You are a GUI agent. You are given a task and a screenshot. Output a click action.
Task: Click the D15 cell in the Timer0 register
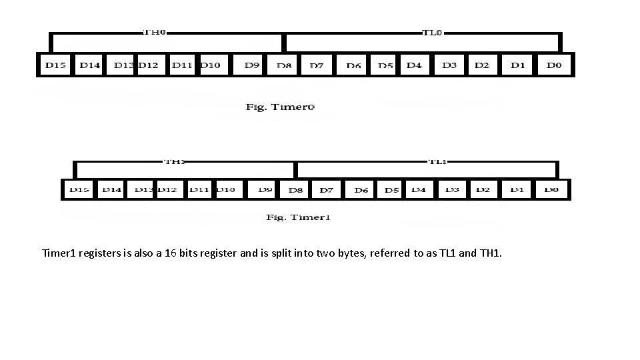(55, 65)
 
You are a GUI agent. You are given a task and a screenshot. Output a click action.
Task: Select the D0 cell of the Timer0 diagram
(554, 65)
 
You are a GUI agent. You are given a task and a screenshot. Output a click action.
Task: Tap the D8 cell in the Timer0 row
(285, 65)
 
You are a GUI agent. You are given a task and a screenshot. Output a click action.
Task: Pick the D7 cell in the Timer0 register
(316, 65)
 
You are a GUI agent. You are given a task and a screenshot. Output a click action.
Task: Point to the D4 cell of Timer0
(414, 65)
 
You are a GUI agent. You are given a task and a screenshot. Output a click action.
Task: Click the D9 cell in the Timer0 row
(252, 65)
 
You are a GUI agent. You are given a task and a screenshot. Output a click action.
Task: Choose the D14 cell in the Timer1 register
(112, 190)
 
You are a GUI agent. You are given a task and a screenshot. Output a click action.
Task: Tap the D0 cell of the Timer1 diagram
(551, 190)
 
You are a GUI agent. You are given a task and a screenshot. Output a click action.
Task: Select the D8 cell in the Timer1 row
(295, 190)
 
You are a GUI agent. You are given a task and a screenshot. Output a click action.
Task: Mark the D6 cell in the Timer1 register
(361, 190)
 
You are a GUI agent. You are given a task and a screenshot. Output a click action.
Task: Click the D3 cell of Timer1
(452, 190)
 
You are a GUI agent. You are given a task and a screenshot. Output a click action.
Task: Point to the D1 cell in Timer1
(517, 190)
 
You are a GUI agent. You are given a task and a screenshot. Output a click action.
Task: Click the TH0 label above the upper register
(155, 32)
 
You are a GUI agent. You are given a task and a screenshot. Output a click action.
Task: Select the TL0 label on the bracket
(432, 32)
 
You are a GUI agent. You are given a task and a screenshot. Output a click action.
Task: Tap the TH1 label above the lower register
(175, 161)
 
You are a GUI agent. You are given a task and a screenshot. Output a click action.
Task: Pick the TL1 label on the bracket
(437, 161)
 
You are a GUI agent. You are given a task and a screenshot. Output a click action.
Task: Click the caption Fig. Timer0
(280, 107)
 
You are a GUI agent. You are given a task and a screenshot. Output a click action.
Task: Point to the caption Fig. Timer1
(298, 217)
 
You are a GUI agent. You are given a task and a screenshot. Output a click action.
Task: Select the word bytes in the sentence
(351, 253)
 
